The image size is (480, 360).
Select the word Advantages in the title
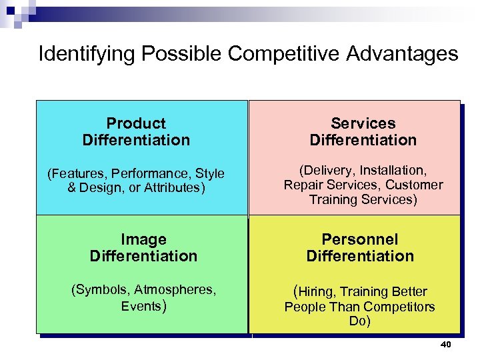403,53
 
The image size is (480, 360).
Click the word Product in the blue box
136,123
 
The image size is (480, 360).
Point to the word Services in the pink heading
363,123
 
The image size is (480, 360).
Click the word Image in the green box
143,239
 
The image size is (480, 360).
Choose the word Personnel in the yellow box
360,239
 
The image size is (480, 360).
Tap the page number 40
446,345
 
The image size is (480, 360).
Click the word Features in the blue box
75,174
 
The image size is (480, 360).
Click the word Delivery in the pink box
329,171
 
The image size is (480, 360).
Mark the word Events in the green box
141,306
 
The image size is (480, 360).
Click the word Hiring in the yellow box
317,292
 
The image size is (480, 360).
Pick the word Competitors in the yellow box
398,307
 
